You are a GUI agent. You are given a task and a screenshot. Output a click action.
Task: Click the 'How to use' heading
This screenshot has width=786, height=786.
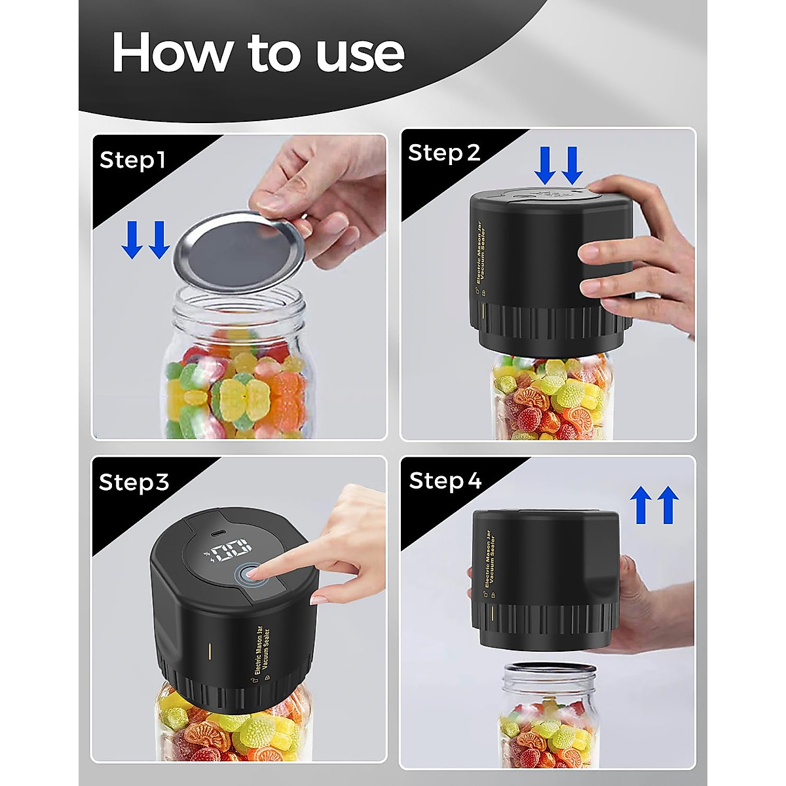click(x=258, y=52)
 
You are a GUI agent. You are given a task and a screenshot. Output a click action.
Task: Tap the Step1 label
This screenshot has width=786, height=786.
click(x=132, y=160)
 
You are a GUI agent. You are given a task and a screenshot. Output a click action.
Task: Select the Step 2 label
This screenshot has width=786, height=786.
click(x=444, y=153)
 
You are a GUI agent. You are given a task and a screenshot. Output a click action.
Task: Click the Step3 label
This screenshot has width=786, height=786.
click(x=134, y=482)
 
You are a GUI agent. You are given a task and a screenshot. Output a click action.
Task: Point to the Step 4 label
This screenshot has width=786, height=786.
click(x=445, y=480)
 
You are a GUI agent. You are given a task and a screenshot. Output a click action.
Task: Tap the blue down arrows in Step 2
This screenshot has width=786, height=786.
click(x=558, y=165)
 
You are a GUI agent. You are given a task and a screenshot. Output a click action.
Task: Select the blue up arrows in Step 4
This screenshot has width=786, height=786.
click(x=654, y=504)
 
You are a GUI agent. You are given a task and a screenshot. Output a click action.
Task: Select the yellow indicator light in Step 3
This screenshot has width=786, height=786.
click(x=210, y=651)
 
